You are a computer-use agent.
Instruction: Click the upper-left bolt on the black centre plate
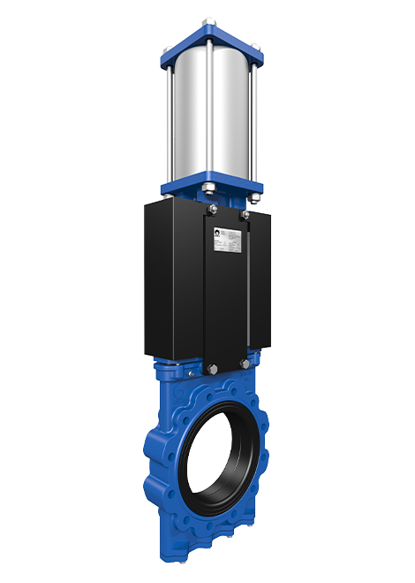coord(212,210)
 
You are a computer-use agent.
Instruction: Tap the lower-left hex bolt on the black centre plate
coord(211,367)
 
